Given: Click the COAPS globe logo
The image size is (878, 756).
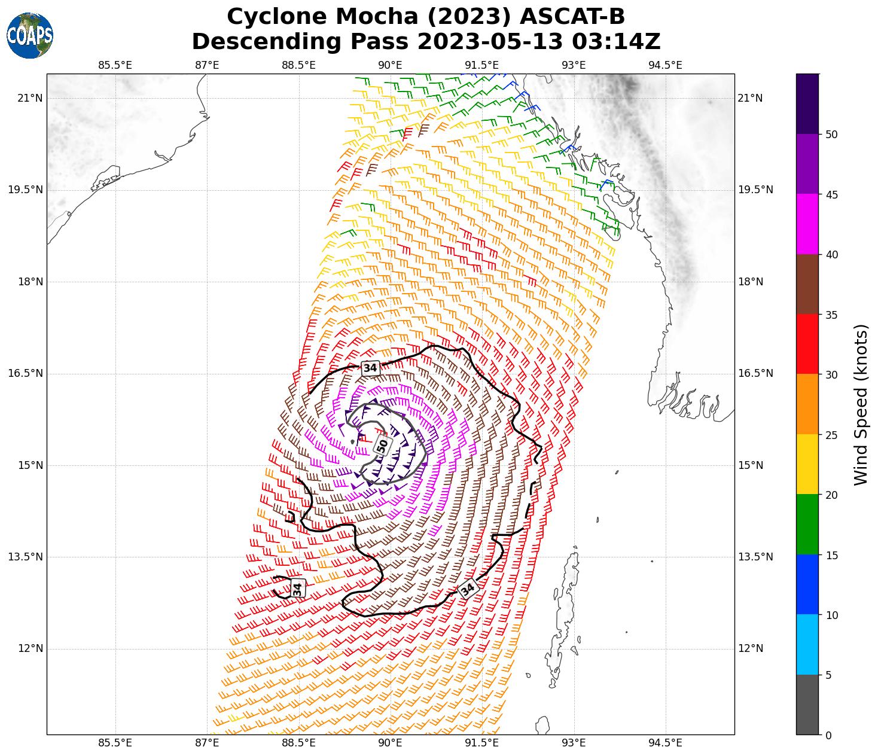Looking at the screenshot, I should [x=30, y=36].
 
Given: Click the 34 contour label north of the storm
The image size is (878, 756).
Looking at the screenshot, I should [x=370, y=368].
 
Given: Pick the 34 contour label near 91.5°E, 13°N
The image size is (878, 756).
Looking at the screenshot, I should [x=468, y=589].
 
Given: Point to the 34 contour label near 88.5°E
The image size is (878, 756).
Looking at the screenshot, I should [x=298, y=588].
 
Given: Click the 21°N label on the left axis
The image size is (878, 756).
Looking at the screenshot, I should [x=30, y=98].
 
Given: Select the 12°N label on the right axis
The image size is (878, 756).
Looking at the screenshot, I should [x=751, y=648].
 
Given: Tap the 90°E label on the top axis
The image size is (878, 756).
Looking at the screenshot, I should [x=390, y=65].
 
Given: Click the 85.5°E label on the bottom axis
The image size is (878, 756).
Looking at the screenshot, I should [x=115, y=743].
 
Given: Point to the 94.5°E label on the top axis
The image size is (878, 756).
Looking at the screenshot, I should [x=665, y=65].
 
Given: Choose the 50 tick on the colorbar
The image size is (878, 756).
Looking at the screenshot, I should [x=831, y=135].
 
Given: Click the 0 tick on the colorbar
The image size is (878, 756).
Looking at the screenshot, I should [x=828, y=735].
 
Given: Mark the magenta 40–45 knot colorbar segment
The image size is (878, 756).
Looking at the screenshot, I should [x=807, y=224].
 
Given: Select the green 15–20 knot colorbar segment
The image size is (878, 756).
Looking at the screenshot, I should [x=807, y=525].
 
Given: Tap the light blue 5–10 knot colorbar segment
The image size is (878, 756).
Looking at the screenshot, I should [x=807, y=645].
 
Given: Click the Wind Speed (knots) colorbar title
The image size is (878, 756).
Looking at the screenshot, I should [x=860, y=404].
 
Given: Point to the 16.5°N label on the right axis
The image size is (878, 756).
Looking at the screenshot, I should [x=756, y=373].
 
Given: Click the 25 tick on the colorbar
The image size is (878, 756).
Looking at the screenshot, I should [x=831, y=435].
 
